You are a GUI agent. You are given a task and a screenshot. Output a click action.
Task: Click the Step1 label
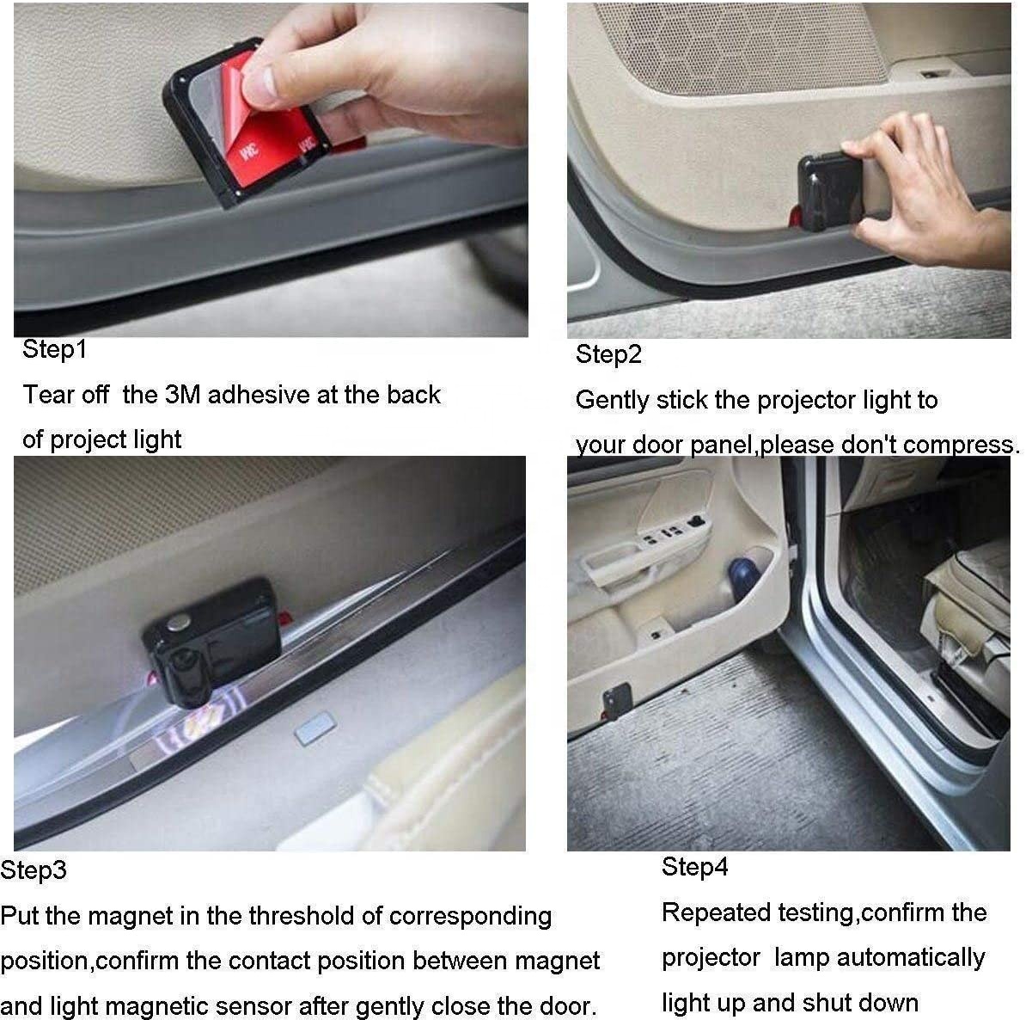coord(54,349)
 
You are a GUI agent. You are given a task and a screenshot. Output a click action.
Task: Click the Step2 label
coord(608,354)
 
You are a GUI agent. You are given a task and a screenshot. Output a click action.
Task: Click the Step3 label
coord(34,869)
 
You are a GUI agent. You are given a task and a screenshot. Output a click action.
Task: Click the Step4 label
coord(694,866)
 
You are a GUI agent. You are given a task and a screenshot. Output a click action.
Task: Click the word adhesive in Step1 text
coord(259,395)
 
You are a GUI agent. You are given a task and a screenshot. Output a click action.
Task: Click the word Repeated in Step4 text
coord(716,912)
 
